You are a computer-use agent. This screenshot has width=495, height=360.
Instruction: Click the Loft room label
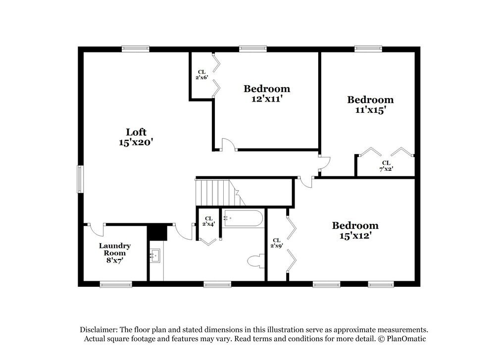[136, 132]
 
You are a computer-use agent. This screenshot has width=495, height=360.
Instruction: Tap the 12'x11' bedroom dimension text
[267, 99]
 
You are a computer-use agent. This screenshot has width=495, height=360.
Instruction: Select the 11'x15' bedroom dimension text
[370, 110]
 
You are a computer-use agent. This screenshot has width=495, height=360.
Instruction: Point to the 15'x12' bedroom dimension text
[355, 236]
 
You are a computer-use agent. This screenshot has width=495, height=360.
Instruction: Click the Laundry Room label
[115, 246]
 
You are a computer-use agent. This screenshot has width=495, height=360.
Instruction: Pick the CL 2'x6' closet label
[201, 75]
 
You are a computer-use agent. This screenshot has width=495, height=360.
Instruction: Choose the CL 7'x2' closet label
[386, 166]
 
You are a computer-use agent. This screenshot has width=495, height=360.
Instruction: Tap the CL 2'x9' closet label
[276, 243]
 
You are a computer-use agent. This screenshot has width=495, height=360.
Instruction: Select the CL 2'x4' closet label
[208, 221]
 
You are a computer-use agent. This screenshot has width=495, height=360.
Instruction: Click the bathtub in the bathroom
[243, 218]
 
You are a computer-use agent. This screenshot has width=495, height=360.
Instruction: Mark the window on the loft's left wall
[80, 179]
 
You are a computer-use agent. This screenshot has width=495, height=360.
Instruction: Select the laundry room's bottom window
[116, 284]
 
